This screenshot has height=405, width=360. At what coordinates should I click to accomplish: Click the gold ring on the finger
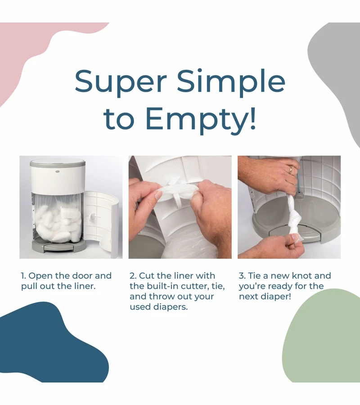[x=291, y=170]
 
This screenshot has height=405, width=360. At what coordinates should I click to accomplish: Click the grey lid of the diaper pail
[x=57, y=163]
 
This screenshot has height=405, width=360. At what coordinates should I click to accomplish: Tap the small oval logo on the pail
[x=58, y=171]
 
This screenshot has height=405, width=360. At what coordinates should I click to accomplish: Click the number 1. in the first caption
[x=23, y=276]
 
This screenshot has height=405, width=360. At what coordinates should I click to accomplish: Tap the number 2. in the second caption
[x=133, y=276]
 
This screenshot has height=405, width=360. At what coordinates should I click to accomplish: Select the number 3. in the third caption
[x=242, y=276]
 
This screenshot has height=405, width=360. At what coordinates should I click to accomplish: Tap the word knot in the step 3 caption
[x=302, y=276]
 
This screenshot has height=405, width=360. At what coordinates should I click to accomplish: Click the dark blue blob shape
[x=49, y=343]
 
